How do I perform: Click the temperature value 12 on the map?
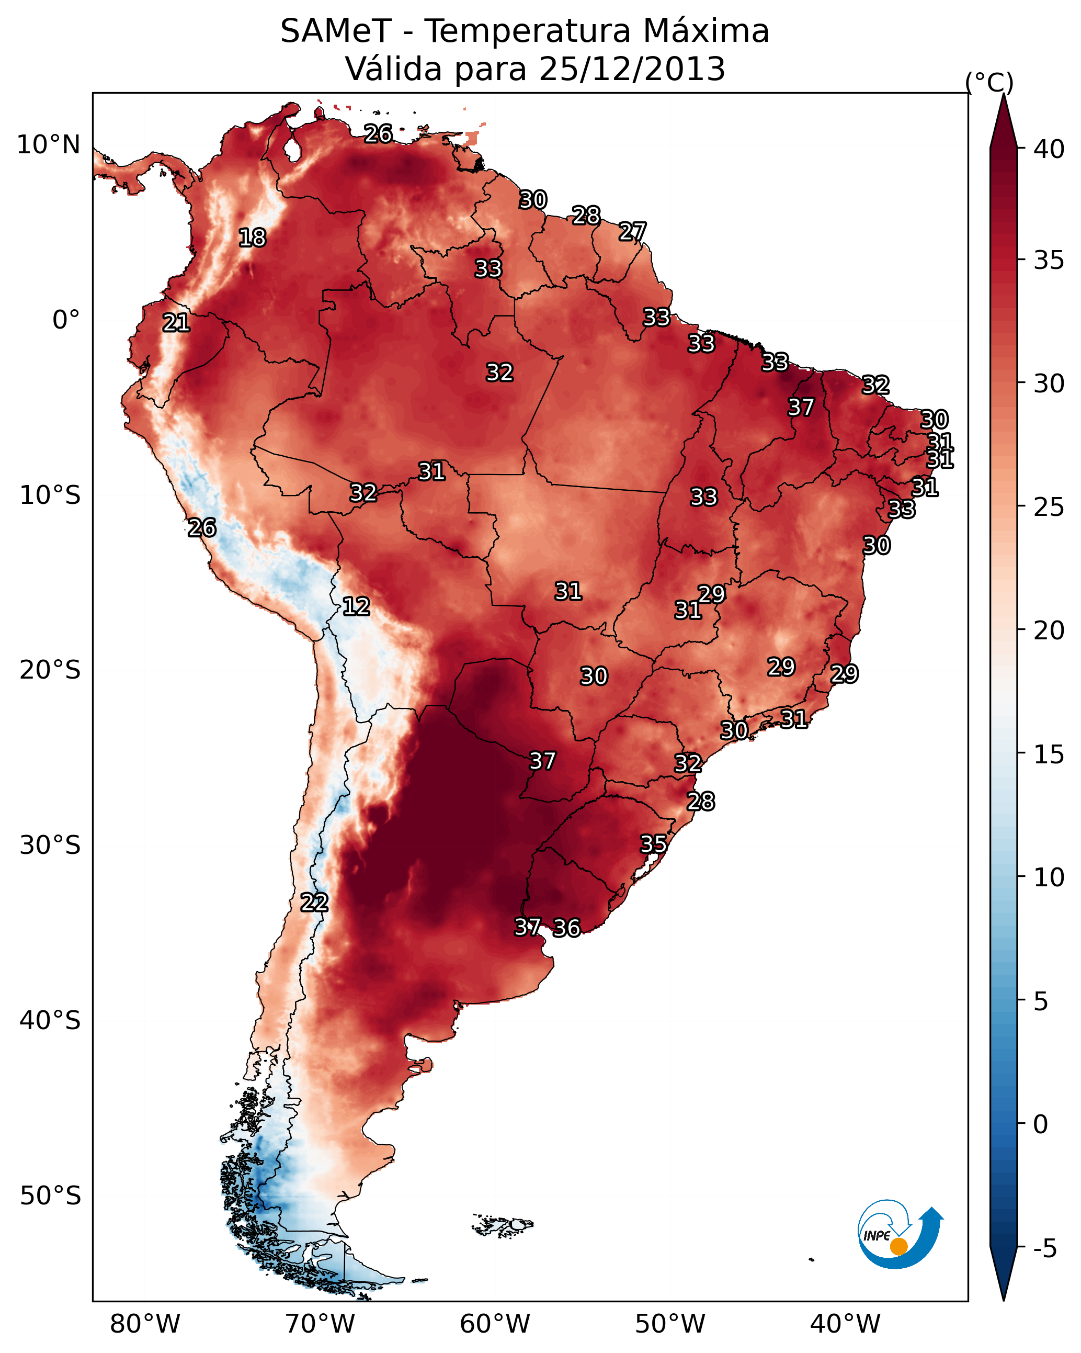356,606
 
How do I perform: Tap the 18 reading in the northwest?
252,238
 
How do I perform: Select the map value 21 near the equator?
176,323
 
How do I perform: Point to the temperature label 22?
314,903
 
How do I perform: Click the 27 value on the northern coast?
632,232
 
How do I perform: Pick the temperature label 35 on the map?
653,844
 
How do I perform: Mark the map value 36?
566,928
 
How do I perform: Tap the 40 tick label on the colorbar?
1049,149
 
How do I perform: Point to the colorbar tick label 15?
1049,754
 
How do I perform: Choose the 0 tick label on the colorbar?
1041,1124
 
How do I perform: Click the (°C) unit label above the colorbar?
989,82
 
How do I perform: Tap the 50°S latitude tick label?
50,1196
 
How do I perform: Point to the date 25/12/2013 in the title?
632,69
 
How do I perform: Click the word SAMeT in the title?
336,31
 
